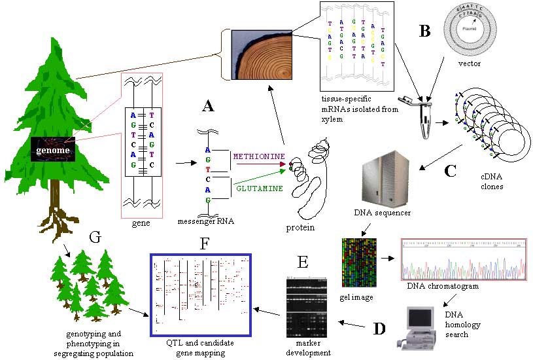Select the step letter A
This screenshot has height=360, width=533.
(x=208, y=106)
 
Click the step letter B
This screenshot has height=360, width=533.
(x=424, y=30)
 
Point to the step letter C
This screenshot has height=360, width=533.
(x=450, y=171)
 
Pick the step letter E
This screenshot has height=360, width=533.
(x=302, y=262)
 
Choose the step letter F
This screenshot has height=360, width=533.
(x=205, y=244)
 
